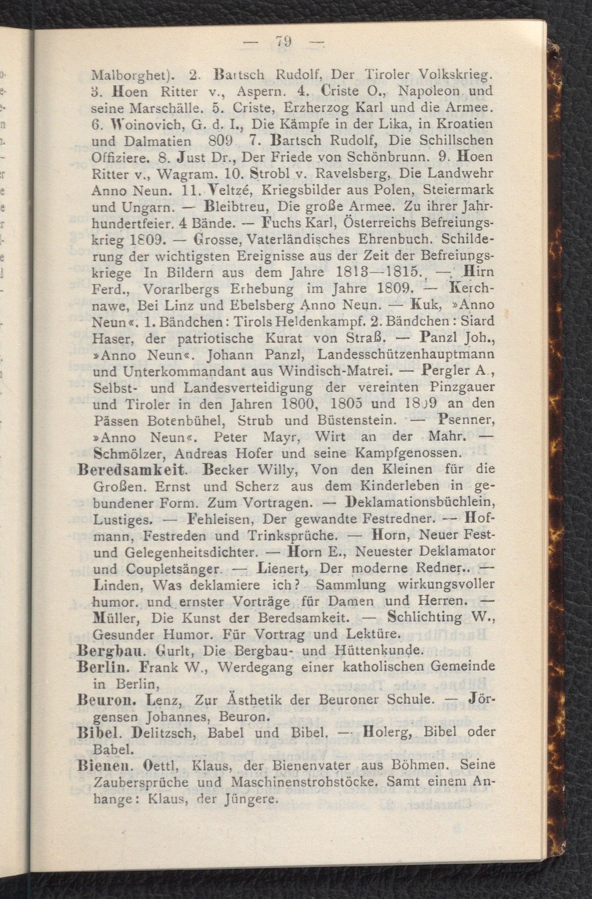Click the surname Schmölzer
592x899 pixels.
[x=127, y=452]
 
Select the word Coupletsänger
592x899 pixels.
[x=173, y=569]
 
